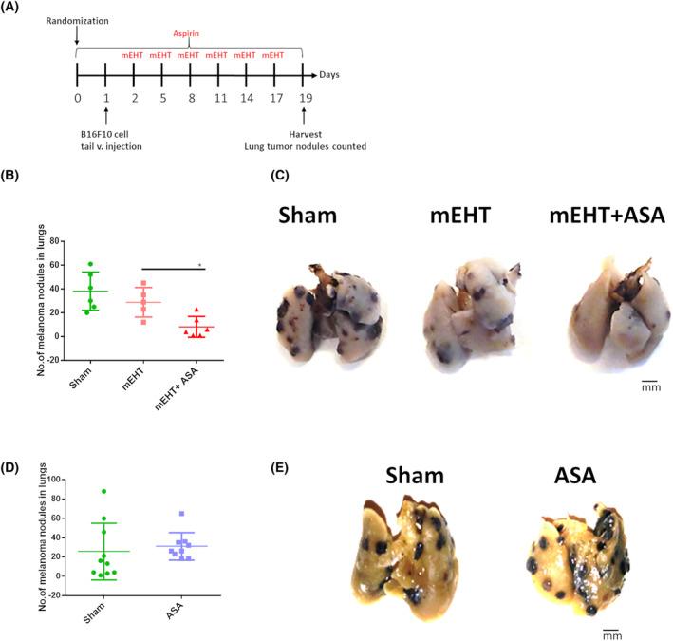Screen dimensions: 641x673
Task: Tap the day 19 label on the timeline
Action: [302, 97]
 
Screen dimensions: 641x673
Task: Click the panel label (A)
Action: [14, 9]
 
